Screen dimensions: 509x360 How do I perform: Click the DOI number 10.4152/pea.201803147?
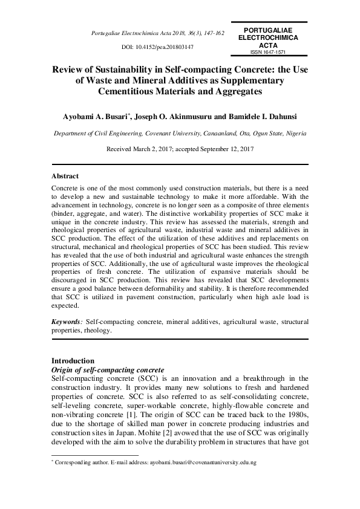point(167,46)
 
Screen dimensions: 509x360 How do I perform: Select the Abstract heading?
point(65,176)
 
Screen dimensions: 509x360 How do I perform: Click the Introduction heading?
point(73,360)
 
